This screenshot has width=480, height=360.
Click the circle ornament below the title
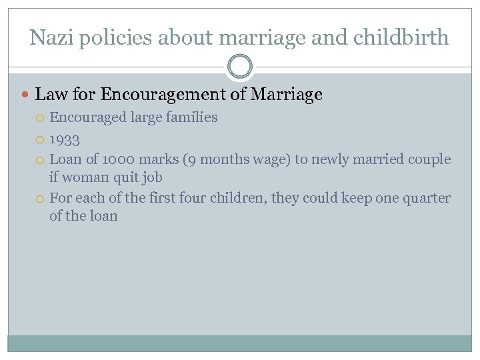click(x=240, y=67)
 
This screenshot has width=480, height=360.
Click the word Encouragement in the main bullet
click(x=164, y=95)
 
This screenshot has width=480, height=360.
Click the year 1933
click(x=65, y=140)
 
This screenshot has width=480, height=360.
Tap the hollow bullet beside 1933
click(x=41, y=140)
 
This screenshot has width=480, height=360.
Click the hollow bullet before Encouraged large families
click(x=41, y=118)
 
